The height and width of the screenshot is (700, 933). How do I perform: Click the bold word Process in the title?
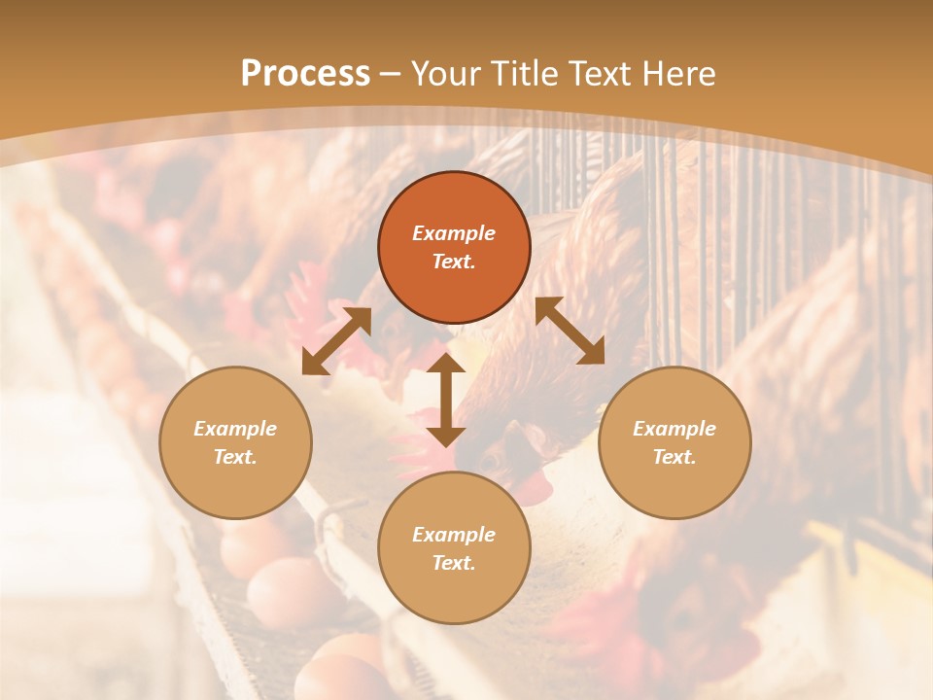(305, 74)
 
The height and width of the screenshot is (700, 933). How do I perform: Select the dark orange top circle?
(454, 247)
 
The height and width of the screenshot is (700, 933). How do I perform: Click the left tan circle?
(235, 442)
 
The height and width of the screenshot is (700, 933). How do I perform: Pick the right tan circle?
(674, 442)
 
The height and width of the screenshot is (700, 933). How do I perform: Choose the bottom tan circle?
(454, 548)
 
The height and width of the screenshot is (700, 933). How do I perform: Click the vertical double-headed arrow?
(446, 400)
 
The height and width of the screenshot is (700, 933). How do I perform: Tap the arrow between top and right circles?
(570, 331)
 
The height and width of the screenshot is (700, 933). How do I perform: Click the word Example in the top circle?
(454, 233)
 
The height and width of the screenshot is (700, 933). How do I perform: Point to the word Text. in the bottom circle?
(454, 563)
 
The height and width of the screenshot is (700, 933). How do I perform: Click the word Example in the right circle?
(674, 429)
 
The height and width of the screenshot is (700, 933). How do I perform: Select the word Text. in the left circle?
(235, 457)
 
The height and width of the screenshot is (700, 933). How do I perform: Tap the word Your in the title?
(445, 74)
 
